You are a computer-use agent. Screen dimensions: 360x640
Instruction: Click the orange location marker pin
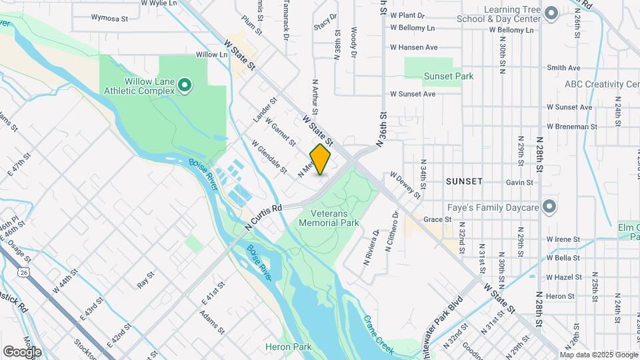coord(321,159)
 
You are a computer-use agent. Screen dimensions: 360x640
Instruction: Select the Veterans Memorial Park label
coord(329,218)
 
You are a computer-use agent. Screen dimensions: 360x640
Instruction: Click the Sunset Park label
coord(449,76)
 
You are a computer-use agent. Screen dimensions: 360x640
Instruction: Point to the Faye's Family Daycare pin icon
coord(550,207)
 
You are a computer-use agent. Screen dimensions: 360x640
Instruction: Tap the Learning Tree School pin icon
coord(551,13)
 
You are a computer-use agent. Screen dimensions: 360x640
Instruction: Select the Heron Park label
coord(288,347)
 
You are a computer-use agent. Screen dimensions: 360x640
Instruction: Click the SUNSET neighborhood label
coord(464,181)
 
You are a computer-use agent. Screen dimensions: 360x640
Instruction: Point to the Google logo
coord(22,351)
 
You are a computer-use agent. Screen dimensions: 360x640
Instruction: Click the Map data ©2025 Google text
coord(599,354)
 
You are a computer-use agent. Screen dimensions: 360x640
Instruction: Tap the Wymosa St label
coord(109,19)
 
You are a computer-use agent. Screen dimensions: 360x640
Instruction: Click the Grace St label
coord(438,219)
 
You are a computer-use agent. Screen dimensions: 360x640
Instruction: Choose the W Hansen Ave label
coord(413,47)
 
